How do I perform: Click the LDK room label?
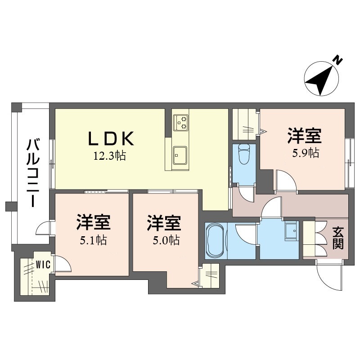click(x=111, y=139)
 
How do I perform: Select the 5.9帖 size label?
click(x=306, y=153)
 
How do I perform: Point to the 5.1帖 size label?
click(x=93, y=240)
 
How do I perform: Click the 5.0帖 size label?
click(x=166, y=240)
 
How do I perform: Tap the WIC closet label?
click(x=43, y=265)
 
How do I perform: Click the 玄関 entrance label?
click(x=338, y=238)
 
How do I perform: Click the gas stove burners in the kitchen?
click(x=180, y=122)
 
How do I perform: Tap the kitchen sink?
click(x=180, y=155)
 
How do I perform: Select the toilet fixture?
click(x=244, y=153)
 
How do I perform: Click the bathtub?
click(x=215, y=241)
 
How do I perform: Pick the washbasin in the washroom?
click(x=291, y=231)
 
